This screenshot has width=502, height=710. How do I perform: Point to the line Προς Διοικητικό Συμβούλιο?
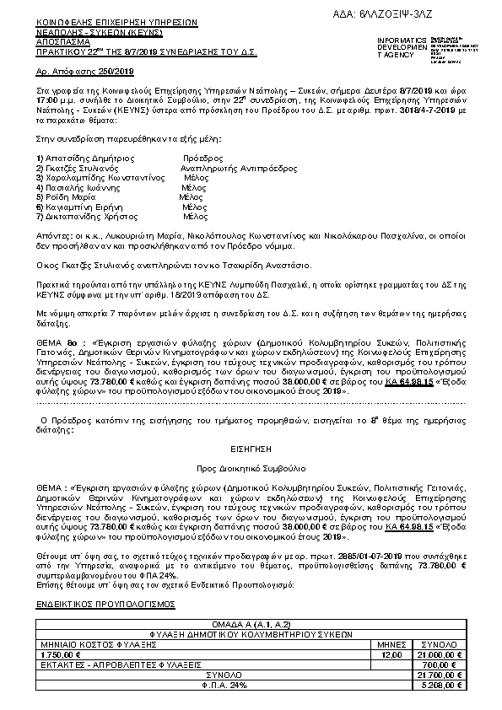click(251, 467)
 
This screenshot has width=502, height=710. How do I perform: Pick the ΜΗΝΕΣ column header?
click(391, 643)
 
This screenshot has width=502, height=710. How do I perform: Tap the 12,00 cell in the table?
click(391, 654)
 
